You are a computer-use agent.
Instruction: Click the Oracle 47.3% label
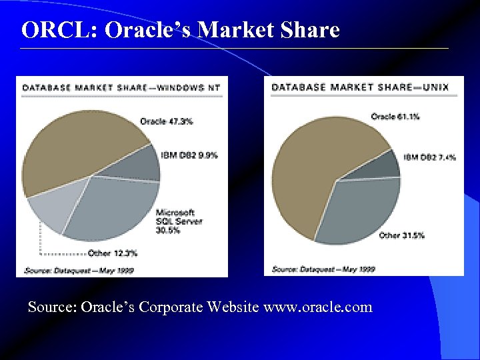pyautogui.click(x=166, y=121)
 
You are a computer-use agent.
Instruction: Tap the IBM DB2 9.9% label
pyautogui.click(x=189, y=155)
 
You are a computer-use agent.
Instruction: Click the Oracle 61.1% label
pyautogui.click(x=395, y=117)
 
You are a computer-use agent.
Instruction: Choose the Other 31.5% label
pyautogui.click(x=401, y=235)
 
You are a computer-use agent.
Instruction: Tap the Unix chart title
pyautogui.click(x=360, y=87)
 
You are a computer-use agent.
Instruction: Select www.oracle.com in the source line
pyautogui.click(x=318, y=307)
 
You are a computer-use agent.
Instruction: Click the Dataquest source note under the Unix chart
pyautogui.click(x=324, y=269)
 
